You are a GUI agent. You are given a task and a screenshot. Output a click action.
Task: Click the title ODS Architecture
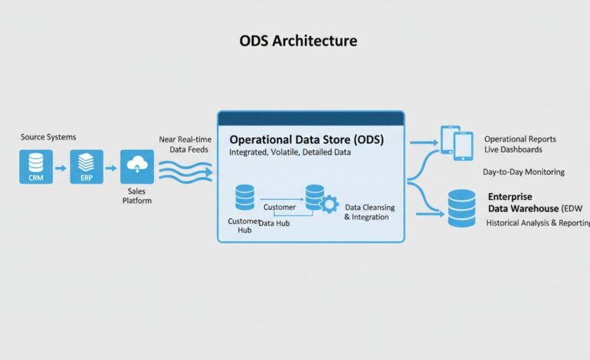(297, 40)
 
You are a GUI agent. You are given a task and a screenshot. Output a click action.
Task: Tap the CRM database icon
(36, 166)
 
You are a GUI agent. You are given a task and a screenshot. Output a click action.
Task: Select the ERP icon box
(86, 166)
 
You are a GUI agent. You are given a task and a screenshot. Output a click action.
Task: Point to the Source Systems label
(48, 137)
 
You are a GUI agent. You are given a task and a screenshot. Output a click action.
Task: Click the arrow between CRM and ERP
(61, 167)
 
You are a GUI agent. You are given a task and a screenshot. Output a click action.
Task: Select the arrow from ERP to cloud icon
(112, 167)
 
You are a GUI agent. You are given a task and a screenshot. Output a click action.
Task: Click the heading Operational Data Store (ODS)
(306, 140)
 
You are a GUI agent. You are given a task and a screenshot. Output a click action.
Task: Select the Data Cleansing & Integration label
(367, 212)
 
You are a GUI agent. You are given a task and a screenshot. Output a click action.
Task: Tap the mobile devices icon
(457, 142)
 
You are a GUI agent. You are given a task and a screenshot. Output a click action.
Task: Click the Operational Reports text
(520, 139)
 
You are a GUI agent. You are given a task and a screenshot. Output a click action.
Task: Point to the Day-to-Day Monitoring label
(523, 172)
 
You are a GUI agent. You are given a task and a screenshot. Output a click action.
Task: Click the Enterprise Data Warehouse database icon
(461, 208)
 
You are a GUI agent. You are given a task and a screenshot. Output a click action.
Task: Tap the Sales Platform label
(137, 195)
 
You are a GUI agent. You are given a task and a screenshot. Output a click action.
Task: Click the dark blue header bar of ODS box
(310, 118)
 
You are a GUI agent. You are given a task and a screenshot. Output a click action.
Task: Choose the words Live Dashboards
(513, 149)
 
